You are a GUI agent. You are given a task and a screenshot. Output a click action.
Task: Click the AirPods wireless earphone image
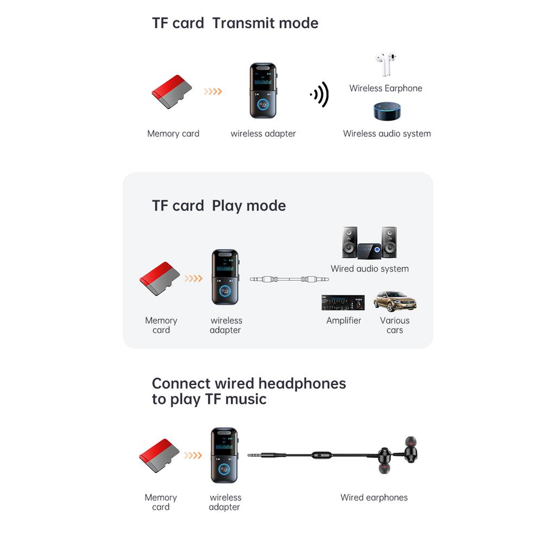tap(386, 65)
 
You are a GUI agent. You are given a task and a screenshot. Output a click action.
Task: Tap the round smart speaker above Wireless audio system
tap(386, 111)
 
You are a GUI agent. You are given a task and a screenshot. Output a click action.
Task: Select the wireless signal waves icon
tap(320, 94)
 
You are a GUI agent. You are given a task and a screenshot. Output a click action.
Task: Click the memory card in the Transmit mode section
tap(172, 92)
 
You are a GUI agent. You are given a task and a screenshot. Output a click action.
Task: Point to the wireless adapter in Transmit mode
tap(263, 91)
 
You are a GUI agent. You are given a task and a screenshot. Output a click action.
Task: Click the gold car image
tap(395, 301)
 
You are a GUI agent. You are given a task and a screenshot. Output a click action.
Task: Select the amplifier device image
tap(343, 302)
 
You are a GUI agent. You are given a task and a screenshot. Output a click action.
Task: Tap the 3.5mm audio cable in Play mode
tap(289, 279)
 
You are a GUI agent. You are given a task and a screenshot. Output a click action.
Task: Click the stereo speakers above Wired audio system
tap(369, 243)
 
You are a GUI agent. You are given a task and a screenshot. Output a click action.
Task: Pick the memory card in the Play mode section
tap(160, 279)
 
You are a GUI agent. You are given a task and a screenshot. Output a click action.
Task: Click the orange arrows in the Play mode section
tap(193, 279)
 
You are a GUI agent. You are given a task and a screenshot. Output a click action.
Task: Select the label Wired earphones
tap(374, 497)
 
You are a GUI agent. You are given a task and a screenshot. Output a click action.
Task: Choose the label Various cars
tap(395, 325)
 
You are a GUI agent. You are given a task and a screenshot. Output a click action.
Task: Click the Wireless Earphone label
tap(386, 88)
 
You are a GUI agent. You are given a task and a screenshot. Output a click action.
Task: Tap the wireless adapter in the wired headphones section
tap(224, 455)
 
